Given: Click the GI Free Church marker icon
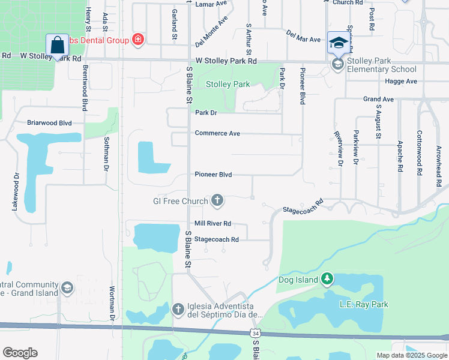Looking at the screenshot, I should coord(217,200).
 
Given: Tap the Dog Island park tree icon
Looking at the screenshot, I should coord(327,278).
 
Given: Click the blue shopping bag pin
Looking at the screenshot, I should coord(57,45).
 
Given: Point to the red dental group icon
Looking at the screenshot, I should coord(139,40).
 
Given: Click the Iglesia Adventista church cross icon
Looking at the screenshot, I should coord(178,309).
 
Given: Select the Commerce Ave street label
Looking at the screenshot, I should coord(217,133).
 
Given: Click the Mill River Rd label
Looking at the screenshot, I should coord(212,224).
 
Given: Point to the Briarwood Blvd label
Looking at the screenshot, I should coord(49,123).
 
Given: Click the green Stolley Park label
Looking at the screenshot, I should coord(228,85).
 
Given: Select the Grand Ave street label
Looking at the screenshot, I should coord(378,99).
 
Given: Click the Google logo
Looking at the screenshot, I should coord(20,353).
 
